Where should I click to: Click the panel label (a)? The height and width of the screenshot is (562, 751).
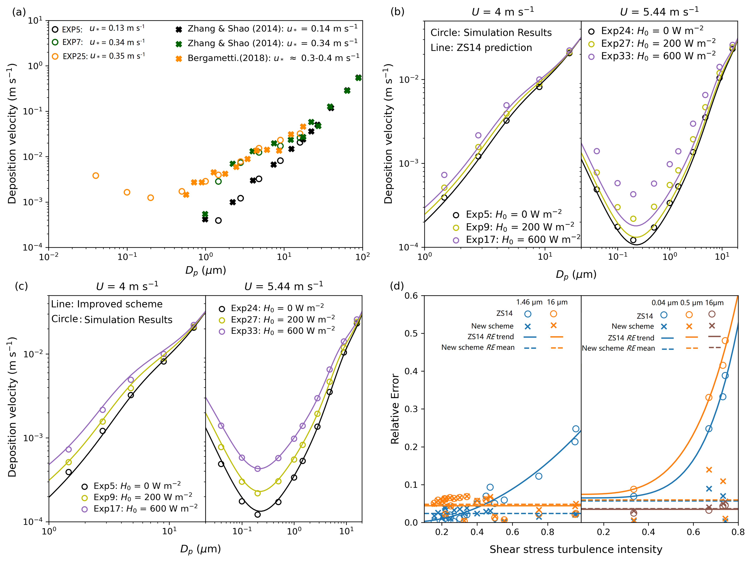[19, 12]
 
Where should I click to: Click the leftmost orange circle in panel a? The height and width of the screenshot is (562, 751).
[96, 176]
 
